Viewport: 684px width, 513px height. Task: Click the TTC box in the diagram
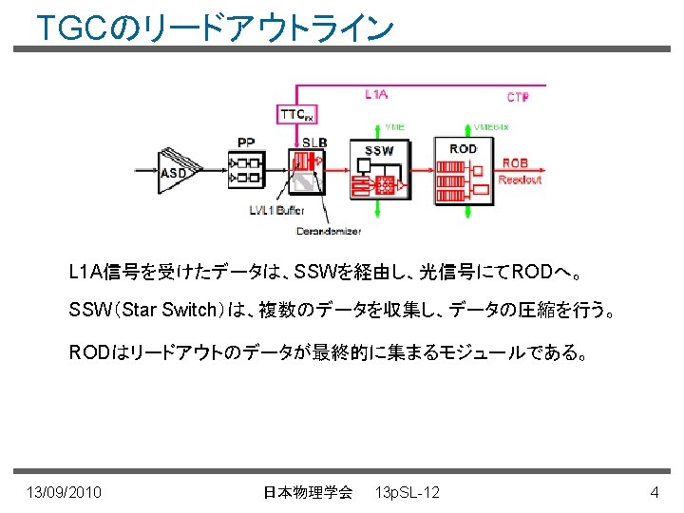(x=296, y=114)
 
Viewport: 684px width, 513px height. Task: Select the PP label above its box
(x=246, y=142)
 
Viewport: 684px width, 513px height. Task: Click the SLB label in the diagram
(x=314, y=142)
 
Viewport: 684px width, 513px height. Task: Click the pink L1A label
(x=376, y=93)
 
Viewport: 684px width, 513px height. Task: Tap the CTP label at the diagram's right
(x=518, y=97)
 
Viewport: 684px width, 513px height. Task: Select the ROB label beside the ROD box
(x=515, y=163)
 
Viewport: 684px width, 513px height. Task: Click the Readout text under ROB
(x=520, y=179)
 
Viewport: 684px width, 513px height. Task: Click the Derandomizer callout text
(x=329, y=231)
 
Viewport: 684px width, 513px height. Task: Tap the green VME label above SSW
(x=394, y=126)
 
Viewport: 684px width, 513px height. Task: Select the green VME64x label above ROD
(x=491, y=126)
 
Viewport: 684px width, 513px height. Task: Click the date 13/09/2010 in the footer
(x=66, y=492)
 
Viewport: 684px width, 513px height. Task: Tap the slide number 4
(x=654, y=492)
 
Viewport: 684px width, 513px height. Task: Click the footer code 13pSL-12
(x=408, y=492)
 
